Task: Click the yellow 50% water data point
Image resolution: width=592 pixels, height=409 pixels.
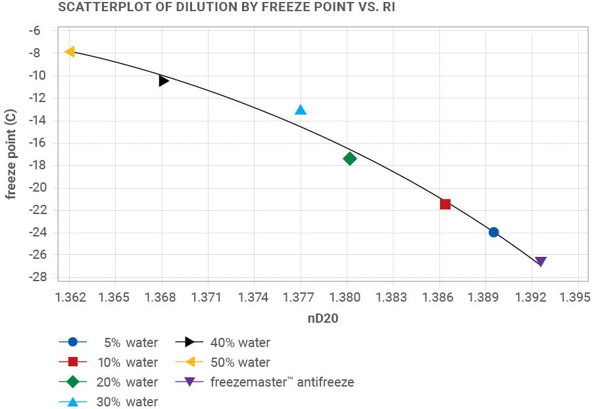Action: (x=70, y=51)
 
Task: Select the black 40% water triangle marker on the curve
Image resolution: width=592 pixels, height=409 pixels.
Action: (x=164, y=80)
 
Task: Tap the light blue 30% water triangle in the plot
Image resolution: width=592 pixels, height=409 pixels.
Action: (x=301, y=109)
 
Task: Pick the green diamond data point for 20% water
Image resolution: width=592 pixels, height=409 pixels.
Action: (x=349, y=158)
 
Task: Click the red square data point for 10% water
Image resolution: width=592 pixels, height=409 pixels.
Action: (x=445, y=204)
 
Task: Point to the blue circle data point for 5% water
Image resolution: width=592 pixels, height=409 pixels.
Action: (x=493, y=232)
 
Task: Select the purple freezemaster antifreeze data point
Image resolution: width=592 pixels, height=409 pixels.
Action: (x=541, y=261)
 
